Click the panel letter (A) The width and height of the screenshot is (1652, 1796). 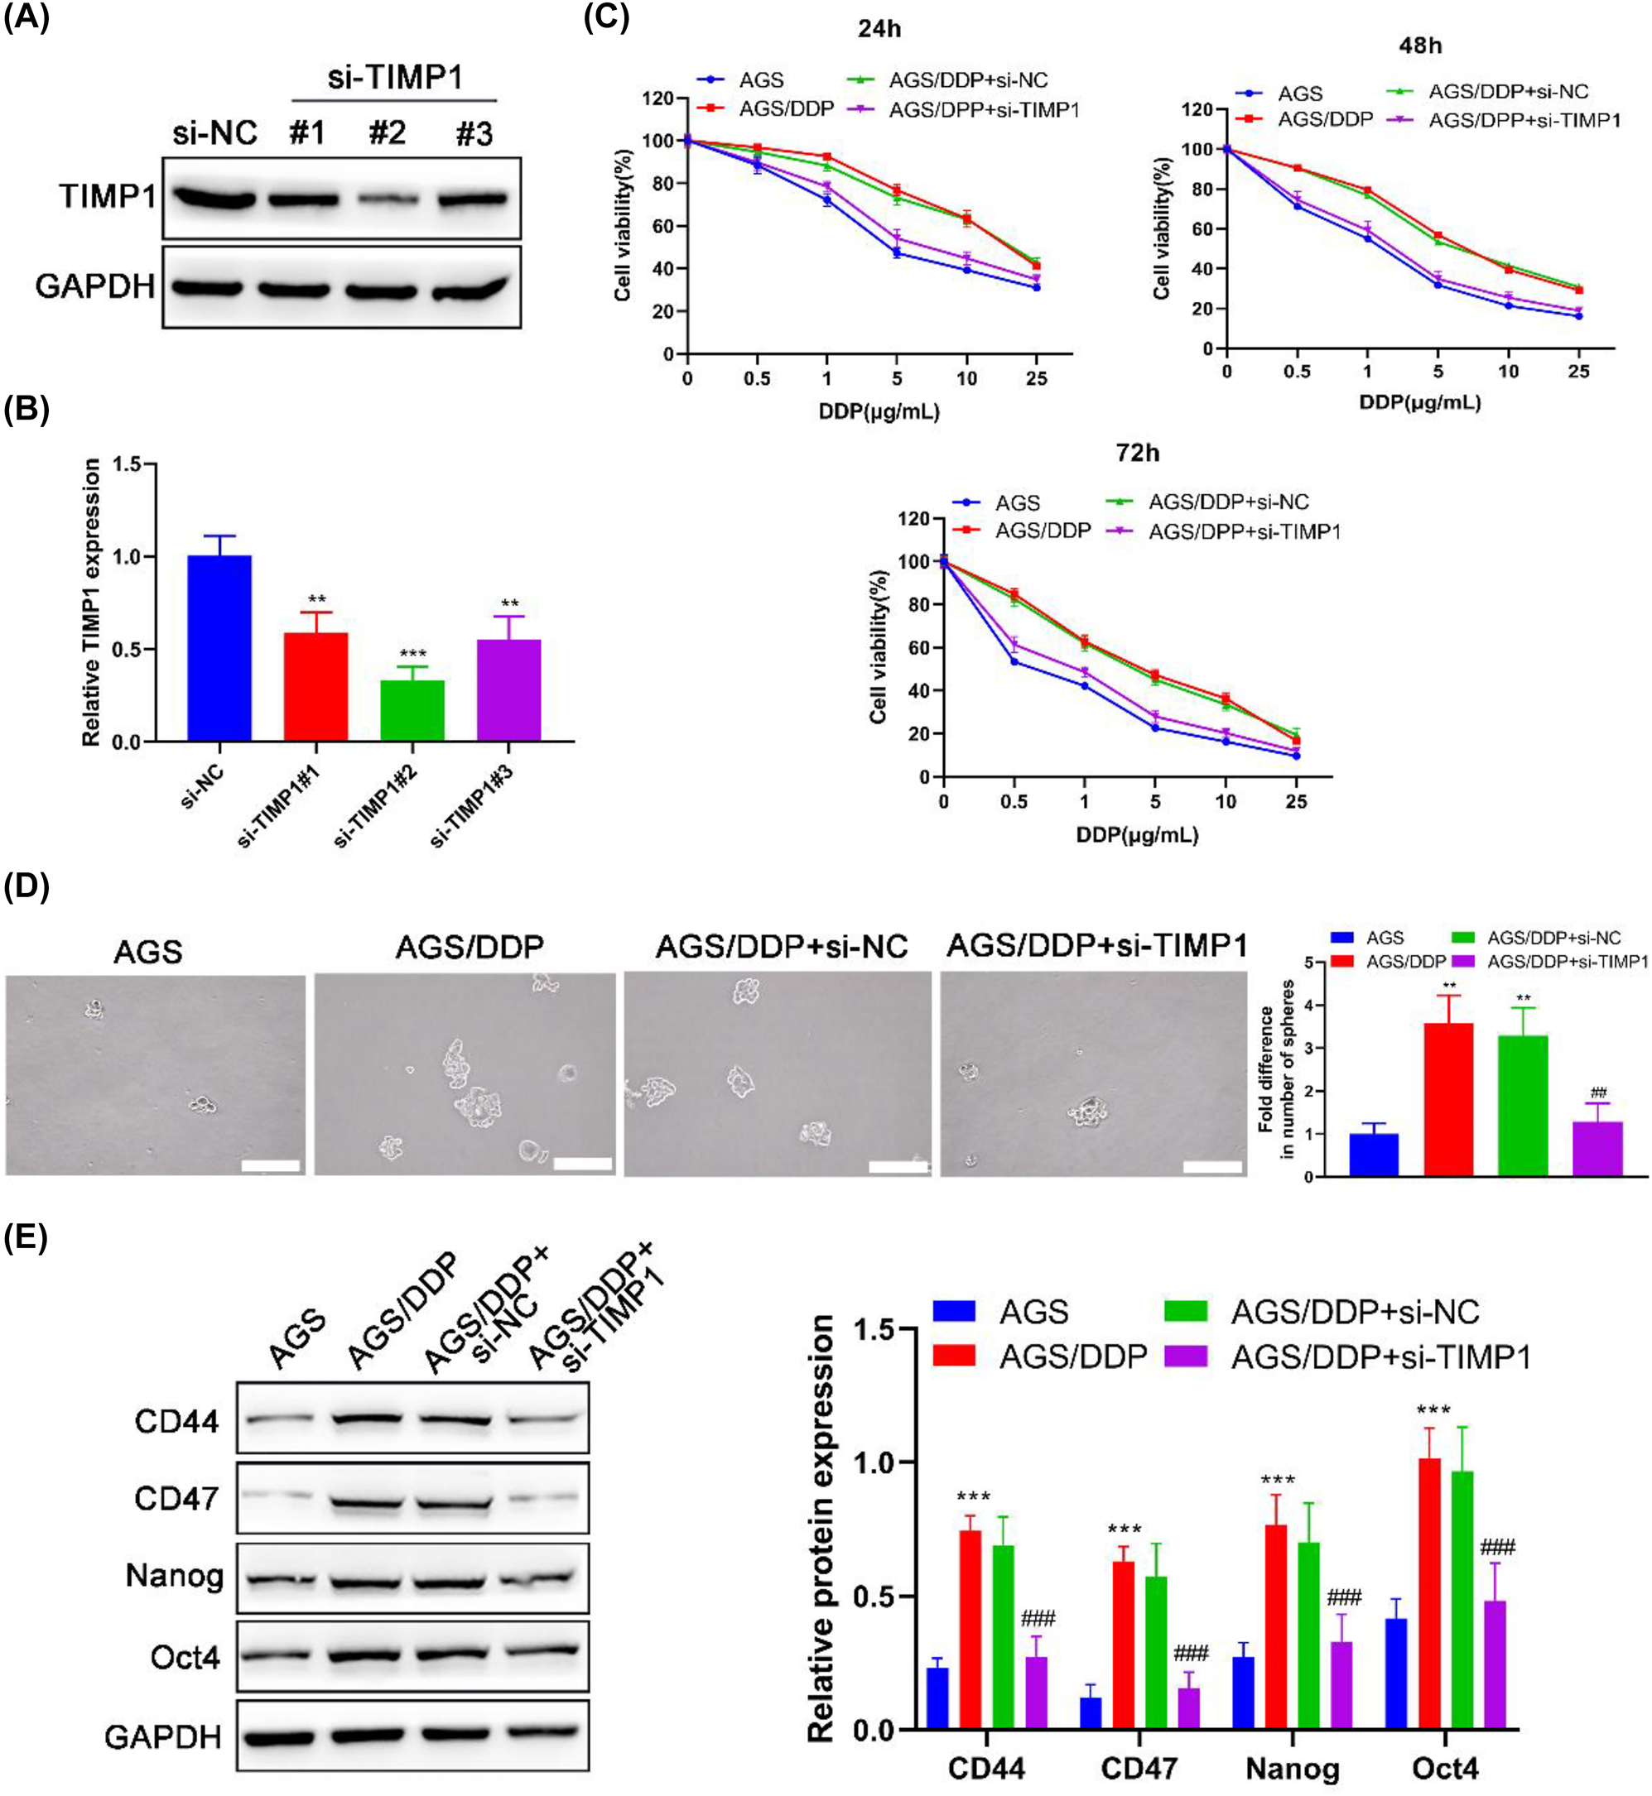coord(26,19)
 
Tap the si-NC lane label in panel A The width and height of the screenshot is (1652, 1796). coord(215,134)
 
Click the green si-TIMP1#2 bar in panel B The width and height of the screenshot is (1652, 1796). coord(412,710)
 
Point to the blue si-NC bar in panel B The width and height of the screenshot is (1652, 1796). coord(219,648)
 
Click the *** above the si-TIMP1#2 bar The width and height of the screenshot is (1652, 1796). coord(412,654)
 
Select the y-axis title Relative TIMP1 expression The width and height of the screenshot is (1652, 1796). coord(91,603)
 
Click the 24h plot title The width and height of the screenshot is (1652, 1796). coord(879,30)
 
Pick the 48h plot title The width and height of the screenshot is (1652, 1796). coord(1419,46)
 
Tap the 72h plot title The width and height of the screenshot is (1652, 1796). coord(1137,454)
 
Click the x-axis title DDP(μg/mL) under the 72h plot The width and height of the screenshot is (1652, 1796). coord(1137,835)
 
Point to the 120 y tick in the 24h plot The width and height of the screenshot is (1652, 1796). coord(657,98)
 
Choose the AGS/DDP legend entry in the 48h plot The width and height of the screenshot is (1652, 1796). coord(1326,119)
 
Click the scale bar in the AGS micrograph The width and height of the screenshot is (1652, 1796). coord(270,1165)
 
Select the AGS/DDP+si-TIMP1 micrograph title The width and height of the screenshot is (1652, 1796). coord(1096,945)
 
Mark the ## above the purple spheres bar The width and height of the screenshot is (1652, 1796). coord(1599,1092)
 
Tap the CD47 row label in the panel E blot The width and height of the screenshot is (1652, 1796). coord(176,1498)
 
